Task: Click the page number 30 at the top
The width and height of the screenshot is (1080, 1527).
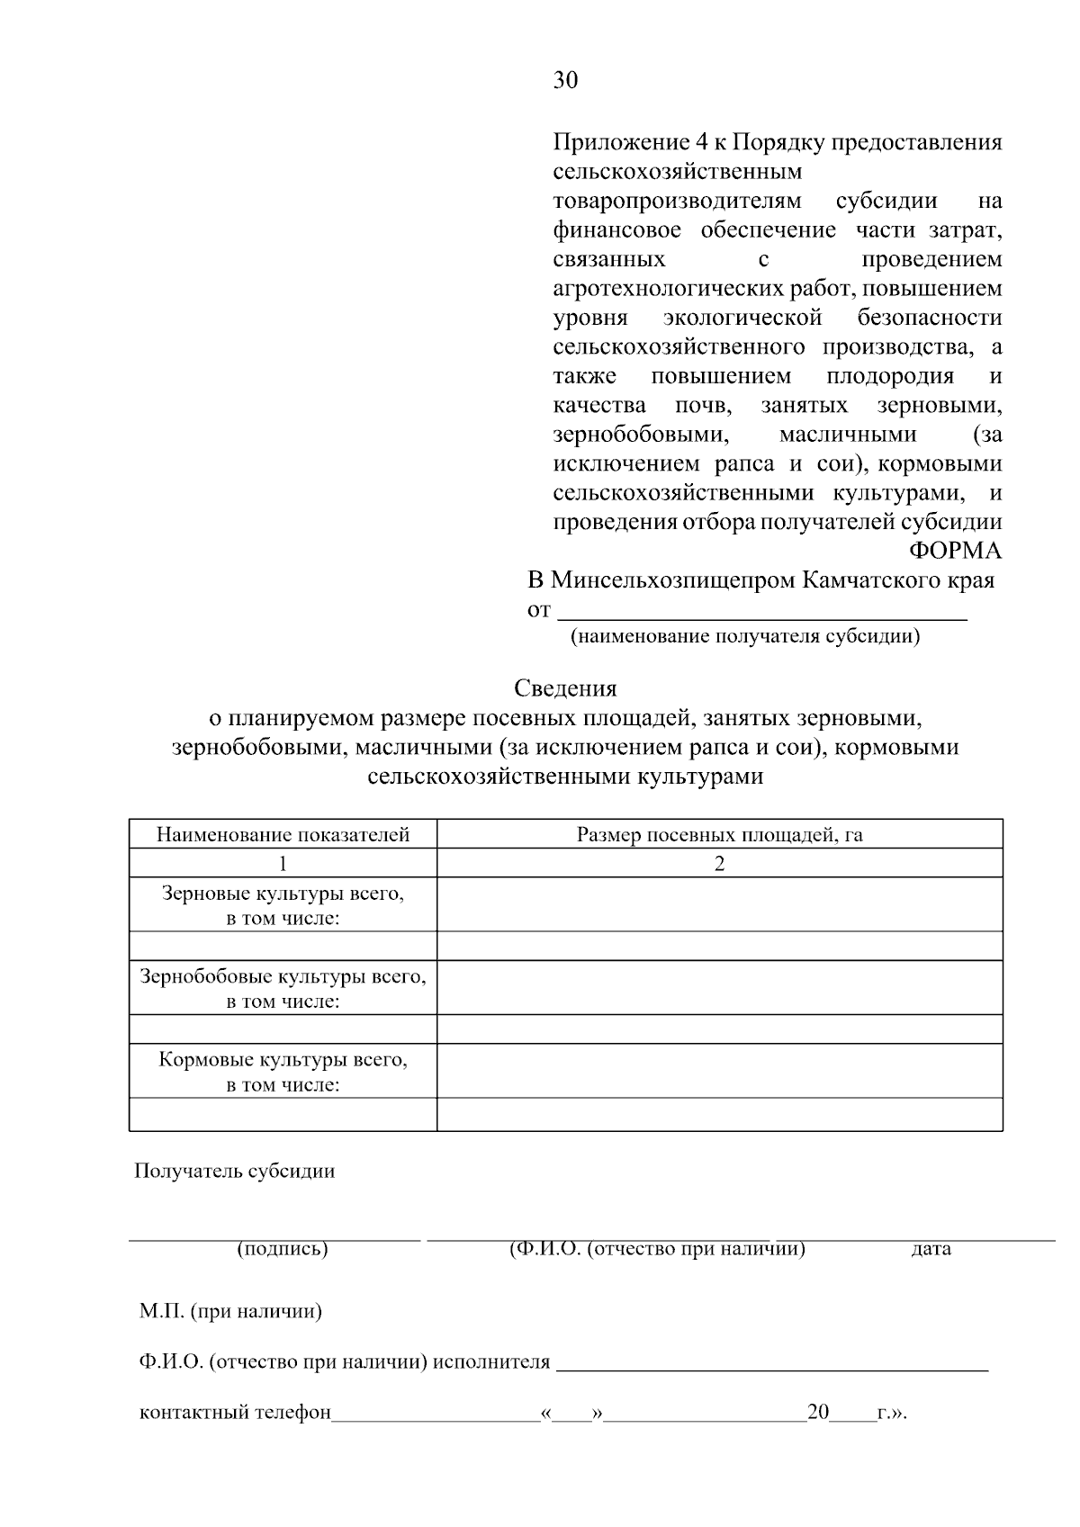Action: (x=565, y=81)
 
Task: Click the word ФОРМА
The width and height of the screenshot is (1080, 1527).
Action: (x=955, y=551)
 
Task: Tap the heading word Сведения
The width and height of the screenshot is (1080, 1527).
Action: (x=565, y=688)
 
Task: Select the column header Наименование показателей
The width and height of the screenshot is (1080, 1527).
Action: (x=283, y=835)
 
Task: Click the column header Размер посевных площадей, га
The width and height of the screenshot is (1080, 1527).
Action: (x=719, y=835)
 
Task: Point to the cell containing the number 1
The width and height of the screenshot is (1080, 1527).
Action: (x=283, y=864)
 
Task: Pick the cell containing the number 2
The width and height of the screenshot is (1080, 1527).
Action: (x=719, y=864)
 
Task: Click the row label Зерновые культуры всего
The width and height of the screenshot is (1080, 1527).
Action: (x=283, y=894)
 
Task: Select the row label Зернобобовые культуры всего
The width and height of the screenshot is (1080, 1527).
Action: (x=283, y=977)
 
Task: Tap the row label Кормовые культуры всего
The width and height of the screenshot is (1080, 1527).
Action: (x=283, y=1060)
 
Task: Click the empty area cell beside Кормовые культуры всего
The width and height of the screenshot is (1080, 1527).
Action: (x=719, y=1071)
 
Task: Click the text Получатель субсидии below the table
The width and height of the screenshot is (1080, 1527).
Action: (x=234, y=1172)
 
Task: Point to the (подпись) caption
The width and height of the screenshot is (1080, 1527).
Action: (x=282, y=1249)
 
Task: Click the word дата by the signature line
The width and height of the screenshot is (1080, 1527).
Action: (x=931, y=1249)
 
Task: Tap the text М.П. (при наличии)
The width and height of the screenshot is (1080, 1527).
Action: (x=230, y=1311)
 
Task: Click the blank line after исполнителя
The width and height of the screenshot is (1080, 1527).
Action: (x=772, y=1362)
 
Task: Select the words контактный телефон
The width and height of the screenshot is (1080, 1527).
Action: (x=235, y=1413)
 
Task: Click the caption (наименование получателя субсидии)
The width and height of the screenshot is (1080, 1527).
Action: (x=745, y=638)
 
